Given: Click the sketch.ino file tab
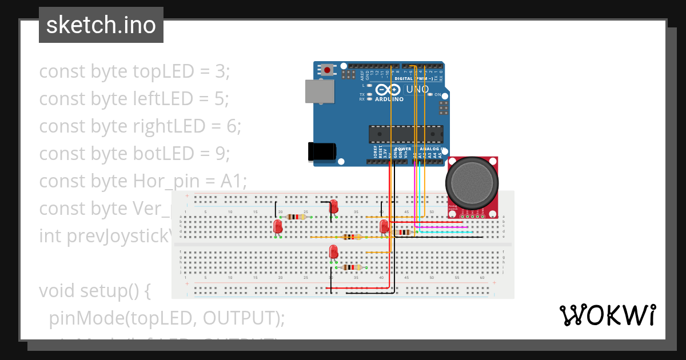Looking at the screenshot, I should click(x=101, y=25).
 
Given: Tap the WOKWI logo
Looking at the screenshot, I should click(x=607, y=315).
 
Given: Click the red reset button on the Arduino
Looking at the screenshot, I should click(x=327, y=70).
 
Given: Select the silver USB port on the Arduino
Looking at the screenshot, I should click(x=320, y=91).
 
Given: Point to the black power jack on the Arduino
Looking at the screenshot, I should click(x=321, y=151).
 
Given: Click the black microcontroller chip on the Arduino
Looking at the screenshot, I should click(x=405, y=133).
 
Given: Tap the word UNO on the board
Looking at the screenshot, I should click(x=417, y=90).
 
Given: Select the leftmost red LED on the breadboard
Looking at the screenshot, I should click(x=278, y=227).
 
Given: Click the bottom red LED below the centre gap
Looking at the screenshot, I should click(x=333, y=251).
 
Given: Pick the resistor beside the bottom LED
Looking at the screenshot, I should click(x=351, y=267).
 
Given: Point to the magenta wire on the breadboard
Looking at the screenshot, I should click(x=440, y=227).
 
